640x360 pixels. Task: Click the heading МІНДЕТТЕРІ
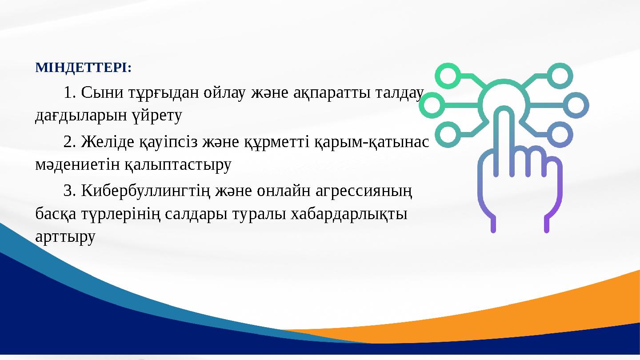click(x=83, y=68)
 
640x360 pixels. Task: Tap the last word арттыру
click(x=65, y=237)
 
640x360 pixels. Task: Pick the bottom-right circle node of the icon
click(x=560, y=135)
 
